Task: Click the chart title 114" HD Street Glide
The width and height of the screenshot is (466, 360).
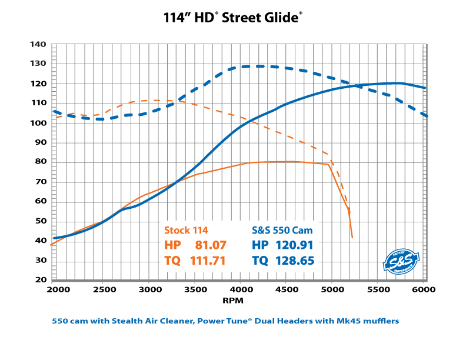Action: (233, 18)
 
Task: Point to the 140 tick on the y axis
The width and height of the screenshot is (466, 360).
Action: (38, 44)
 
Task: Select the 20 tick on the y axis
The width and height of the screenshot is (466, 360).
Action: (39, 280)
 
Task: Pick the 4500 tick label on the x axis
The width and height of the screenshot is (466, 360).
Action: (286, 290)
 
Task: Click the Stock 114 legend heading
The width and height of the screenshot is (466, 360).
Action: (186, 230)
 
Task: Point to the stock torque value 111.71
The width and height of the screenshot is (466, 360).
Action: (207, 260)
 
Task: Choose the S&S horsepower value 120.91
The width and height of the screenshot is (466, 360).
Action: (294, 245)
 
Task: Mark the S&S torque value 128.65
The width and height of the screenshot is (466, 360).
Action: (294, 260)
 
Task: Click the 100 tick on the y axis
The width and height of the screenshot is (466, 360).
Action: (38, 123)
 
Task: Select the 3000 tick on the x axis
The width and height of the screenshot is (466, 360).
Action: (147, 290)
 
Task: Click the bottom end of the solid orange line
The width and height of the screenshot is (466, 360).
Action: (352, 238)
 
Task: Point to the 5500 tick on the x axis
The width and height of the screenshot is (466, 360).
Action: (378, 290)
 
